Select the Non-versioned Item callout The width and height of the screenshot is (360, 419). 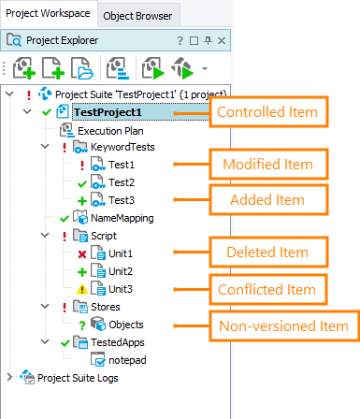point(282,326)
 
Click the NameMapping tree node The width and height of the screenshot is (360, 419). point(122,217)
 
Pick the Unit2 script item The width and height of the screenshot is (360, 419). point(121,270)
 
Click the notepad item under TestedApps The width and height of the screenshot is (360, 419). point(128,359)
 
